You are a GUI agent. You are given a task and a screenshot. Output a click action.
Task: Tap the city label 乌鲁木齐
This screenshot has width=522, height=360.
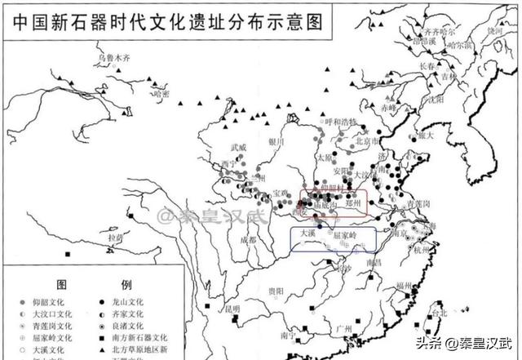click(115, 59)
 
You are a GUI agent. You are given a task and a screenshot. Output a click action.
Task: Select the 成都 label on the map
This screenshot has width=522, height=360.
click(246, 241)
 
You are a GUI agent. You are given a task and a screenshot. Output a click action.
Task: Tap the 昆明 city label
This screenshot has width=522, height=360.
click(232, 309)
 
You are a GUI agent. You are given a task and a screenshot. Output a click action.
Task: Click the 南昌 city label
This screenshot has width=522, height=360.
click(374, 262)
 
